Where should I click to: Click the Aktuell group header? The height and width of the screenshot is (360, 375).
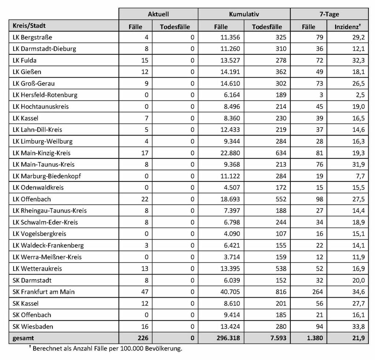pos(158,14)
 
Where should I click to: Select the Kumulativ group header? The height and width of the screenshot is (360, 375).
pos(244,14)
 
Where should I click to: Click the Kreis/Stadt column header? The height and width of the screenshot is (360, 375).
pos(29,26)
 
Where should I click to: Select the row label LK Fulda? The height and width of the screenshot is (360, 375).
pos(25,60)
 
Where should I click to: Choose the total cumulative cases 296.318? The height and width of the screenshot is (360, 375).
pos(227,338)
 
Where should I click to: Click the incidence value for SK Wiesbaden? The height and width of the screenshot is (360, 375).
pos(359,326)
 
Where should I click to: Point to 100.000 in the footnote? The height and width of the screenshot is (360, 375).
pos(139,348)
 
